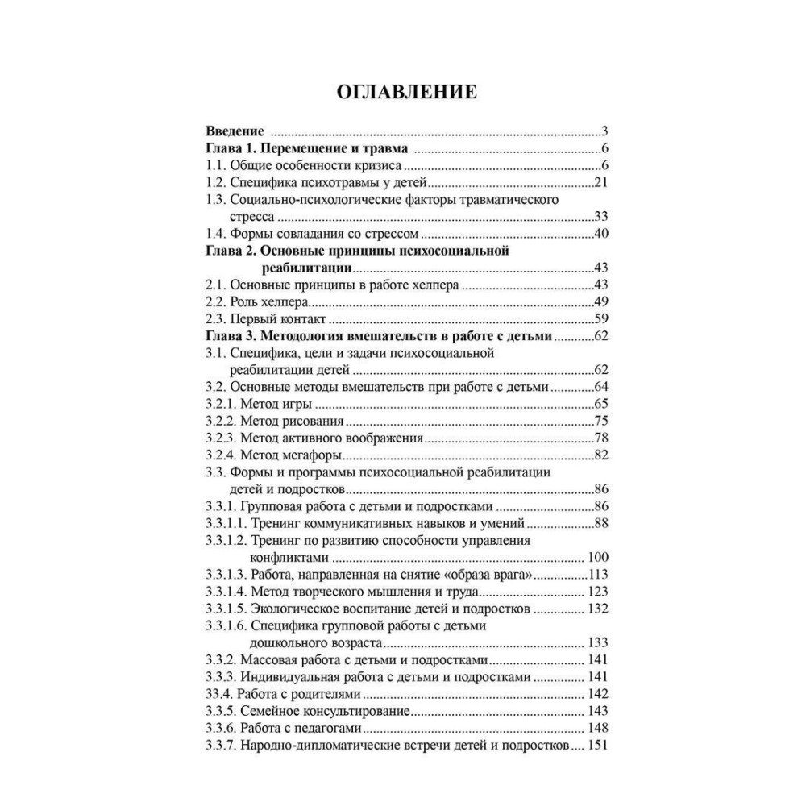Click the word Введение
tap(235, 131)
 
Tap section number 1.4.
tap(216, 235)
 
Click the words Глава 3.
tap(230, 336)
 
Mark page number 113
tap(596, 575)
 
